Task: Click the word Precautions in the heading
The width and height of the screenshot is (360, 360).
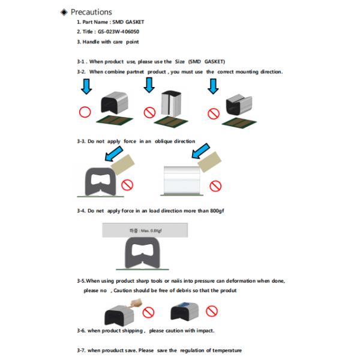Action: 91,12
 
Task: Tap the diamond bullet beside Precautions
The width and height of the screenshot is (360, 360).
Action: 64,12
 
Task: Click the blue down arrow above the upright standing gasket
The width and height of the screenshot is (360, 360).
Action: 149,87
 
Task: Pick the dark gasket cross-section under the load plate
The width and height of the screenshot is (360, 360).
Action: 146,255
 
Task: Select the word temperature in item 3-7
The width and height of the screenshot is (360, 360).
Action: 223,350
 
